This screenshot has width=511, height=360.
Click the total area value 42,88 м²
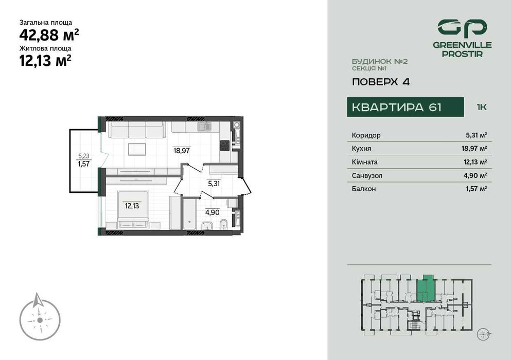pyautogui.click(x=49, y=35)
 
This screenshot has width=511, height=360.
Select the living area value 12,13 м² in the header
pyautogui.click(x=45, y=61)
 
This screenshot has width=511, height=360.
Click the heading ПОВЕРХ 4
pyautogui.click(x=380, y=81)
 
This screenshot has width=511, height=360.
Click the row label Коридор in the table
pyautogui.click(x=366, y=135)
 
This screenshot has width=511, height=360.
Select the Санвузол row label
pyautogui.click(x=367, y=175)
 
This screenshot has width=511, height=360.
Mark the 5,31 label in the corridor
pyautogui.click(x=214, y=183)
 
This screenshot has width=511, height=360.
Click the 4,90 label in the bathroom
pyautogui.click(x=212, y=211)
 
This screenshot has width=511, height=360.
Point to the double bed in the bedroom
pyautogui.click(x=133, y=208)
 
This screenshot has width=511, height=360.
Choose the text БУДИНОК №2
pyautogui.click(x=380, y=61)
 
